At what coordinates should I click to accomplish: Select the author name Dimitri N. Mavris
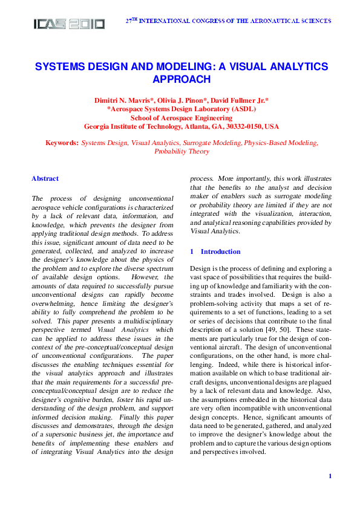pos(122,100)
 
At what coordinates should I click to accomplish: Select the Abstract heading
pos(45,178)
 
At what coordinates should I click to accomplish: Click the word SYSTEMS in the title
pos(60,66)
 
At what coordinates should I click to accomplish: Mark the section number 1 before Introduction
pos(192,251)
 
